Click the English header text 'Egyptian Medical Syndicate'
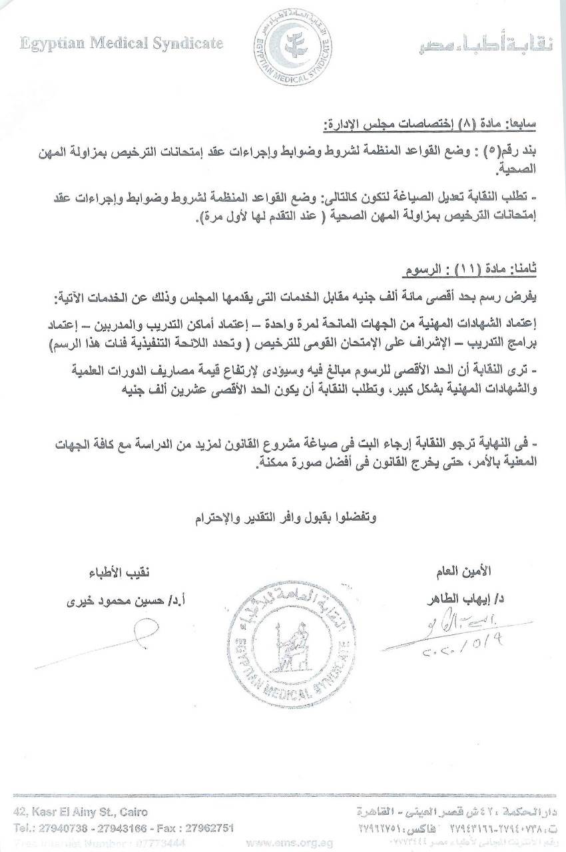click(x=121, y=44)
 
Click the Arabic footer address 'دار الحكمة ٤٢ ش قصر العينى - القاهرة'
click(x=474, y=813)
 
